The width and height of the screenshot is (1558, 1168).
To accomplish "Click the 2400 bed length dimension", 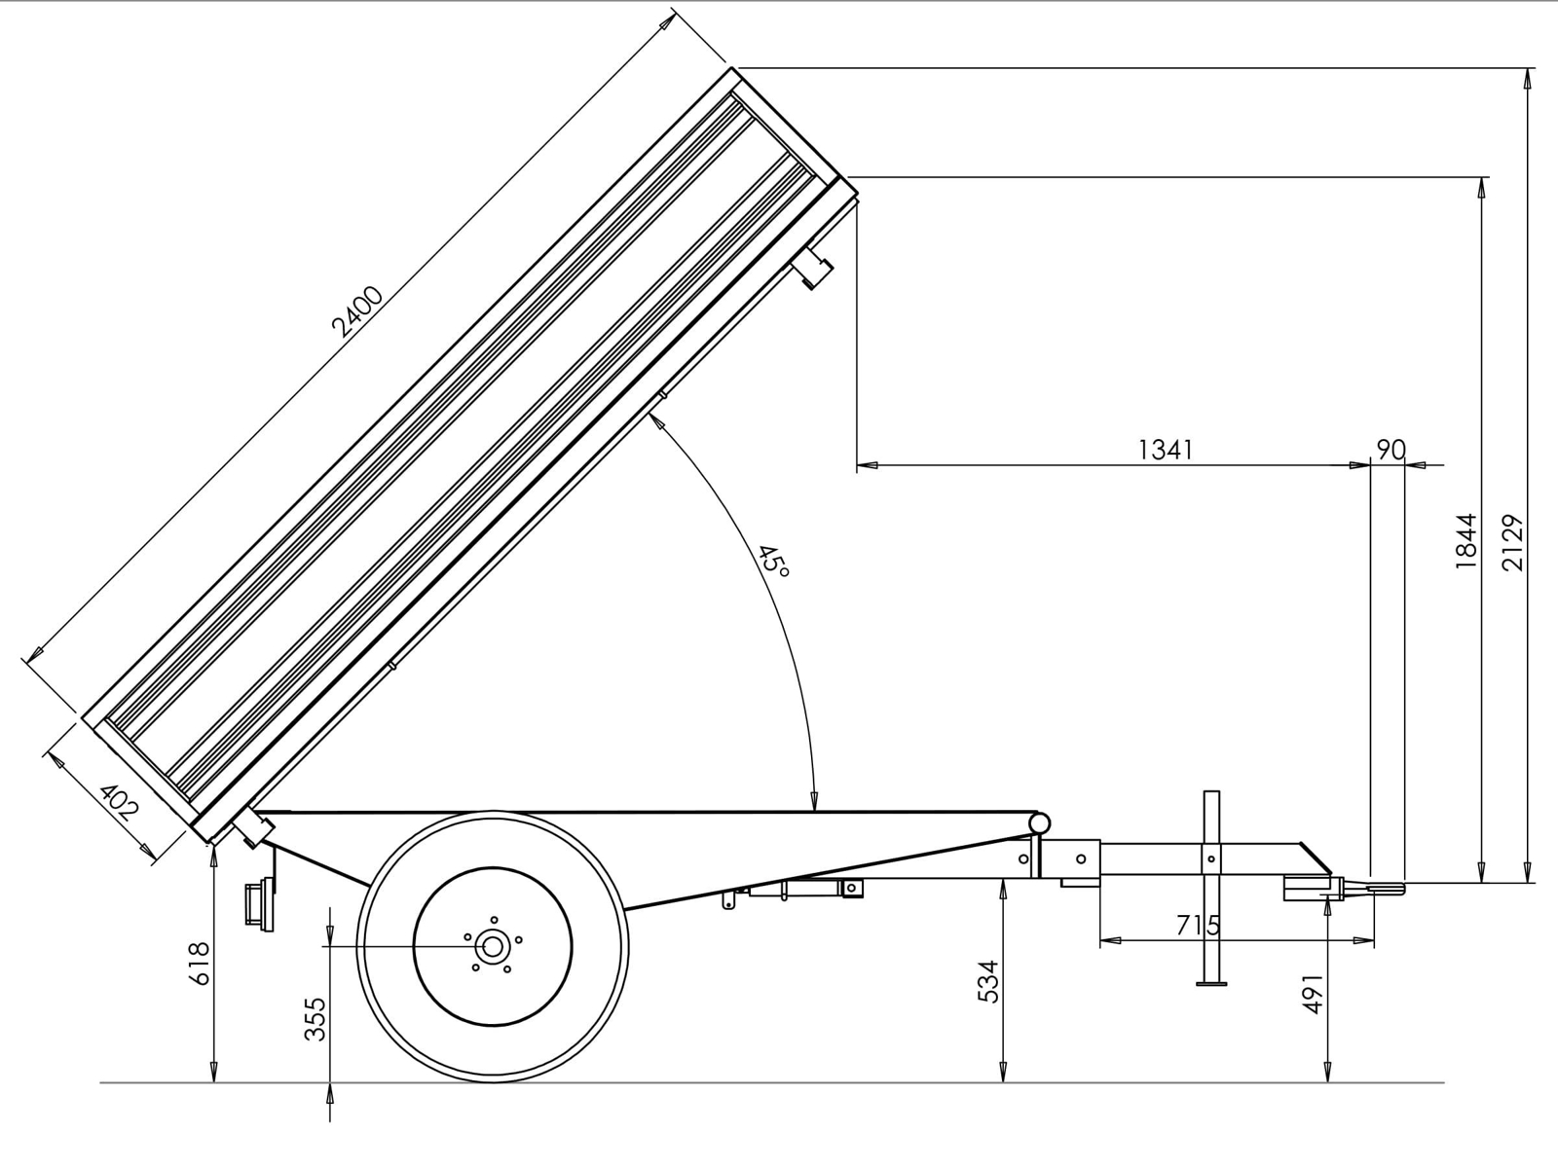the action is click(357, 310).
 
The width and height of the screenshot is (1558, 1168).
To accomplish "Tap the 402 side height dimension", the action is click(119, 802).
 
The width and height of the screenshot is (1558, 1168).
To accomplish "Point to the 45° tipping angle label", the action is click(772, 561).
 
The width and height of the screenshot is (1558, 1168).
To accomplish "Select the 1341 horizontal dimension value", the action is click(1166, 450).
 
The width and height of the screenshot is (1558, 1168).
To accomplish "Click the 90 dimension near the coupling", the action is click(1391, 450).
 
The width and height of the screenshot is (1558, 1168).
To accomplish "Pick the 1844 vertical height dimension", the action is click(1465, 541).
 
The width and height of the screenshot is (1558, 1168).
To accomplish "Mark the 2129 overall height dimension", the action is click(1512, 542).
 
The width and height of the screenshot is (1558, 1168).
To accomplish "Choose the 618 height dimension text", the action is click(199, 963).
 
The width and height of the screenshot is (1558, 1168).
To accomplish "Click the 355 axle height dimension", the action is click(315, 1019).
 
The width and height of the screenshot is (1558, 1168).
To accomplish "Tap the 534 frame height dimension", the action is click(988, 981).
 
